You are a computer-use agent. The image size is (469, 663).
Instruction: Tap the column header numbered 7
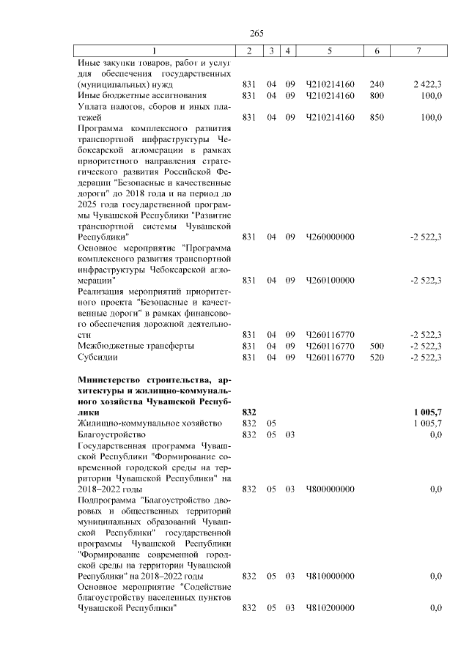click(418, 51)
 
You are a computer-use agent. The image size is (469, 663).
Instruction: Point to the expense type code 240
click(377, 85)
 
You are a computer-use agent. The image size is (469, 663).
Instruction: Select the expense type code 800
click(377, 95)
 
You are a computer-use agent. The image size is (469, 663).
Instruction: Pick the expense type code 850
click(377, 116)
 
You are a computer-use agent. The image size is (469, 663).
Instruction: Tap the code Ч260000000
click(330, 237)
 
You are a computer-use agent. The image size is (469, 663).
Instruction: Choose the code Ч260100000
click(330, 280)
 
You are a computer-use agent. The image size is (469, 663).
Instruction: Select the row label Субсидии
click(98, 358)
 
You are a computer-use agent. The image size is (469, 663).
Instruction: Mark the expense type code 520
click(377, 358)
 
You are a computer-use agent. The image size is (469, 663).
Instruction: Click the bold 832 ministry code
click(248, 412)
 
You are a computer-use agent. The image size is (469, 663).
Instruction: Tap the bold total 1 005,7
click(428, 412)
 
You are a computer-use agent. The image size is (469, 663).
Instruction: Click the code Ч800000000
click(330, 488)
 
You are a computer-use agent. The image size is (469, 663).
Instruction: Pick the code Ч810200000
click(330, 608)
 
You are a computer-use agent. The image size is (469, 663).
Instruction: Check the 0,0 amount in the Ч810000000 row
click(436, 576)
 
